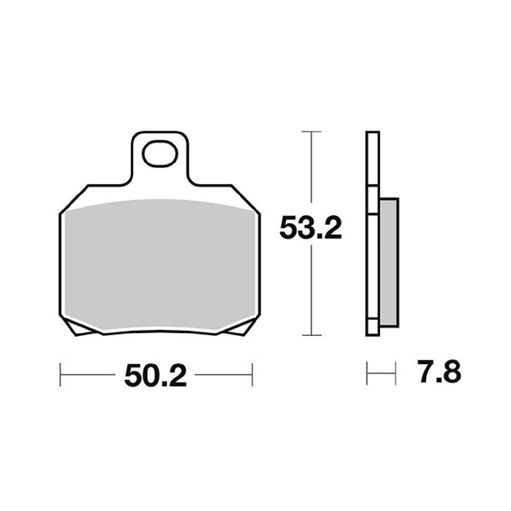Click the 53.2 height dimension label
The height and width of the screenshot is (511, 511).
(x=311, y=228)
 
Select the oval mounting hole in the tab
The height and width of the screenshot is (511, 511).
(x=159, y=154)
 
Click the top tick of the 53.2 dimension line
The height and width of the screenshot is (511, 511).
(x=311, y=132)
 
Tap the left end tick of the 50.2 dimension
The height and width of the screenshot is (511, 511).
(x=61, y=374)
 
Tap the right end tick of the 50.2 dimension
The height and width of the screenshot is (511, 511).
(x=252, y=374)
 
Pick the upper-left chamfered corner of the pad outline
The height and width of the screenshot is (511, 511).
(x=72, y=200)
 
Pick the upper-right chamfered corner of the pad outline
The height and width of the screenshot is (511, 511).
(x=246, y=200)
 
